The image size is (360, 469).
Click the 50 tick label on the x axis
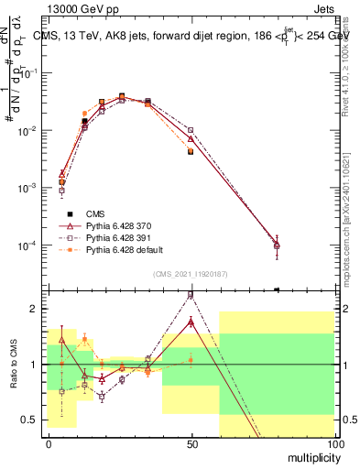191,443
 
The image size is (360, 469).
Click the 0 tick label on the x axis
49,443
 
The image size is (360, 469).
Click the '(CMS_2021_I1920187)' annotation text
190,274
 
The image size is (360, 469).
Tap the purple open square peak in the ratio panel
191,295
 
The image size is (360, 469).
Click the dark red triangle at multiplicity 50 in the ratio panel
191,322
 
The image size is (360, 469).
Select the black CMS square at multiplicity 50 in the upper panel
191,150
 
